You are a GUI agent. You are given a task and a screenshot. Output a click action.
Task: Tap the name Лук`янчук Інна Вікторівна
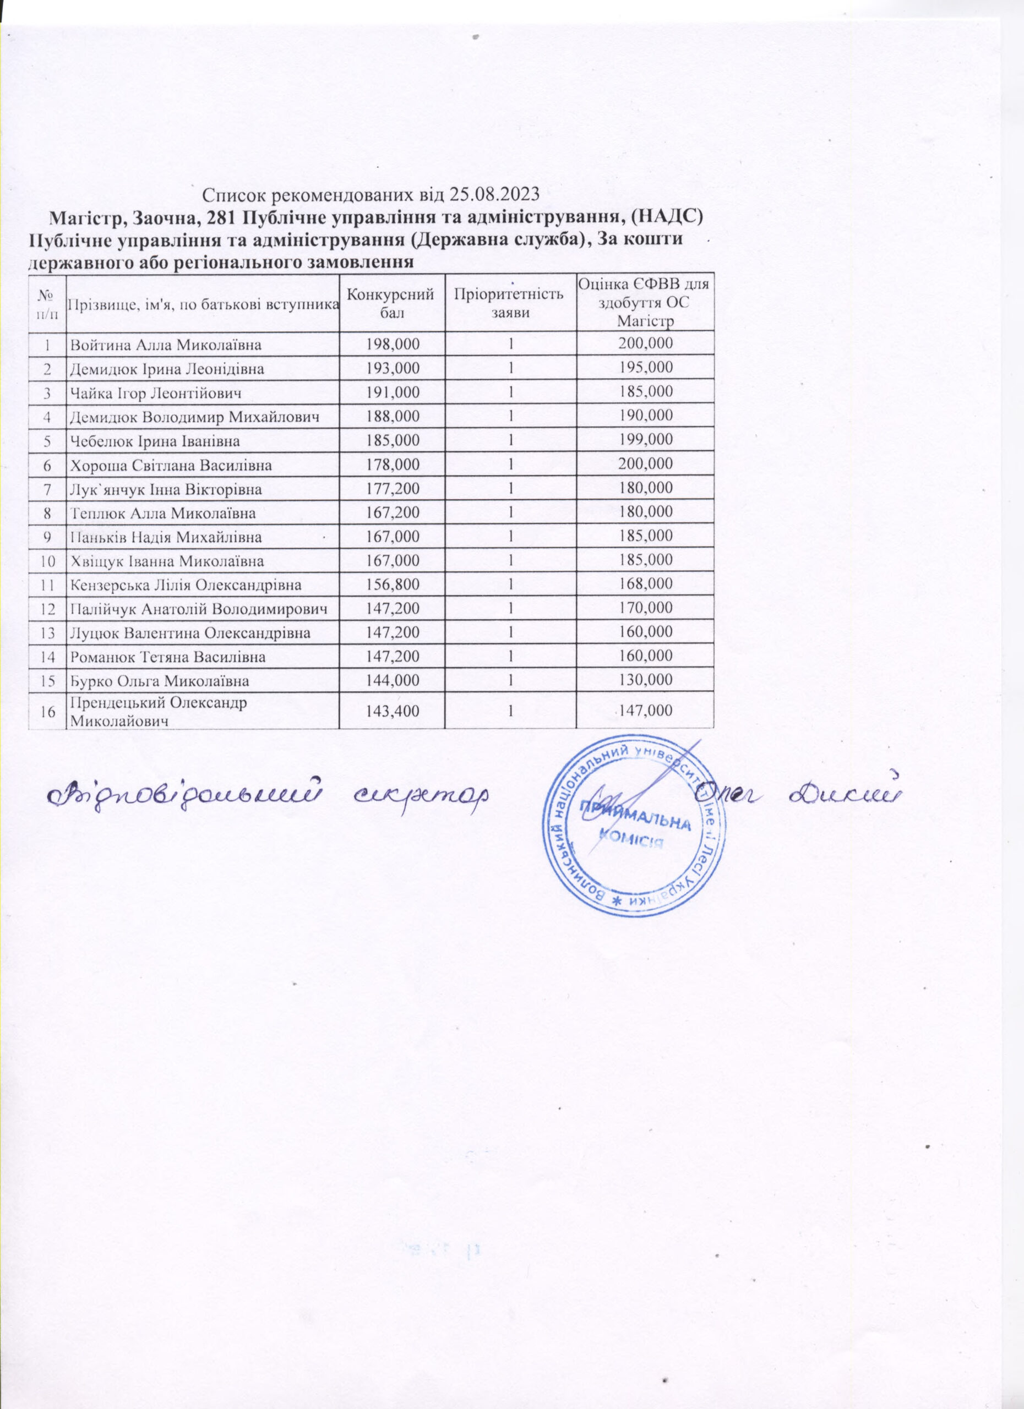point(166,489)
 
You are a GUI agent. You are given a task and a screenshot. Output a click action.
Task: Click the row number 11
point(47,585)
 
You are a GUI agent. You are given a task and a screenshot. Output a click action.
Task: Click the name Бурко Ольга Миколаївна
point(160,681)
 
